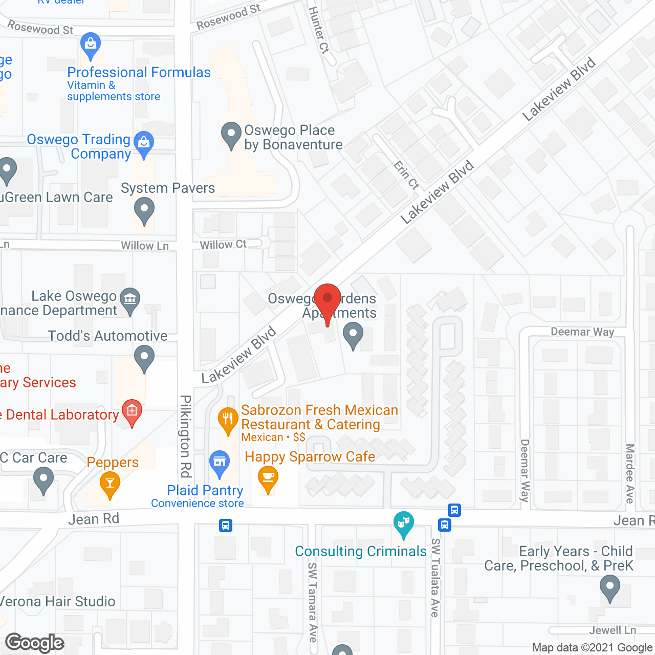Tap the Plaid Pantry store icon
219,463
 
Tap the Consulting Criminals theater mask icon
403,523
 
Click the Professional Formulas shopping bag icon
91,45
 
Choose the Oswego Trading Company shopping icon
144,143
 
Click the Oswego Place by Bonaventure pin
231,134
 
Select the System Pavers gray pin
144,210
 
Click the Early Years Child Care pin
609,587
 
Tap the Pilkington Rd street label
186,435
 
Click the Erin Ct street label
406,175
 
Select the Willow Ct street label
223,245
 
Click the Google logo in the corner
34,643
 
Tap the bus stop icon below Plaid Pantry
226,526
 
